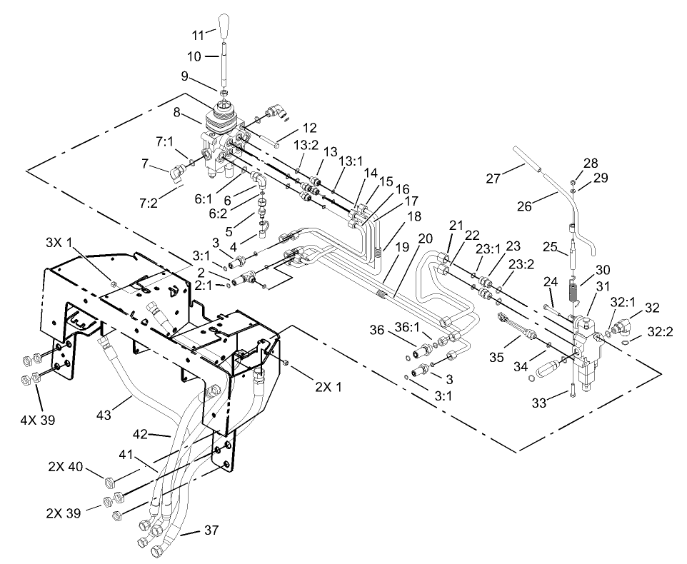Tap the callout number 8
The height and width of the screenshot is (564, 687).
click(178, 112)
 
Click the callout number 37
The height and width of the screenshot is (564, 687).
click(211, 530)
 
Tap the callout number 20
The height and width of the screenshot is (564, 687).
click(425, 238)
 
